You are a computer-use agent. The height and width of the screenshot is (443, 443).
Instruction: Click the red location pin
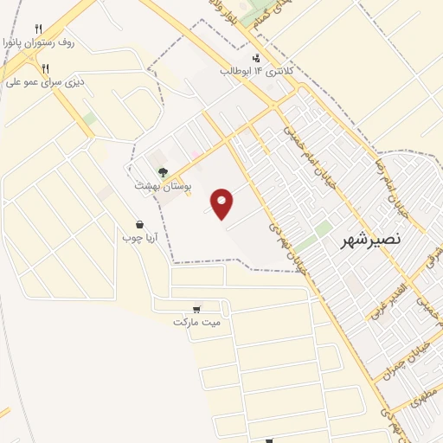(x=222, y=202)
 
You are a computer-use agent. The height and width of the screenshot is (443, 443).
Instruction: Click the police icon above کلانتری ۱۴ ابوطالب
(x=254, y=56)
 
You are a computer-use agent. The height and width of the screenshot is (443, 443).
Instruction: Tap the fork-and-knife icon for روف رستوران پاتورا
(x=38, y=29)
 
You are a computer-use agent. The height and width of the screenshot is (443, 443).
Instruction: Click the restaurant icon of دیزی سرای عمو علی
(x=45, y=68)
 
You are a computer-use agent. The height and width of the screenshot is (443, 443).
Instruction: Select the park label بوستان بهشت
(x=164, y=185)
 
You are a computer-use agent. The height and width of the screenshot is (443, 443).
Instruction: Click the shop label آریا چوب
(x=138, y=236)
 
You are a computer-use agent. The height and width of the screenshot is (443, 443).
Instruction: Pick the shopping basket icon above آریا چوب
(x=139, y=223)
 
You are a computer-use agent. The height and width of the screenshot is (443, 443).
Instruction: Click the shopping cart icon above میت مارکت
(x=198, y=309)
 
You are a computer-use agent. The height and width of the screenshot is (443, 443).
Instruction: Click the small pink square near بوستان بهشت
(x=196, y=157)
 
